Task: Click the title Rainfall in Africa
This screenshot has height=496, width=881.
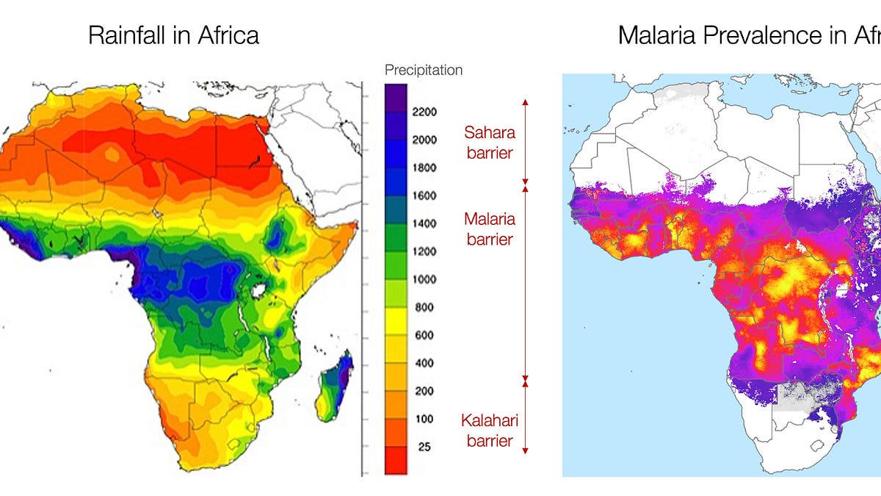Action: tap(173, 35)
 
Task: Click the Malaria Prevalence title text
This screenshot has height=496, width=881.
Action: tap(749, 35)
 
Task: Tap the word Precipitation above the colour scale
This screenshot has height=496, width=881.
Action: tap(424, 71)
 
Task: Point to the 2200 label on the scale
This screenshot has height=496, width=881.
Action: tap(424, 112)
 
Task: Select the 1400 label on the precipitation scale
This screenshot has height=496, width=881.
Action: tap(424, 223)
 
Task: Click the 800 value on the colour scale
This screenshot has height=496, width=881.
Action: tap(424, 307)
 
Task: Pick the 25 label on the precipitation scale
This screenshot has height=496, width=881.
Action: tap(424, 447)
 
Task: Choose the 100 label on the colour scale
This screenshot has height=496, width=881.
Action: tap(424, 419)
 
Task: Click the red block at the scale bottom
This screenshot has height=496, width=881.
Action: tap(395, 460)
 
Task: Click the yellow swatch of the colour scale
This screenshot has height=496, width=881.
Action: tap(395, 320)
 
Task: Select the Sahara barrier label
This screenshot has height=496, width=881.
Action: tap(489, 143)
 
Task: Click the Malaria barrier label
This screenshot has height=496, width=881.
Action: tap(489, 229)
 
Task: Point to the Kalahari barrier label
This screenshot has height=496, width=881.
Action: tap(489, 431)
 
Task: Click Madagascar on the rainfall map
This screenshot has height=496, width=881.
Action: tap(337, 387)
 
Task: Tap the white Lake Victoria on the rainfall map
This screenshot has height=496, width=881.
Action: tap(258, 290)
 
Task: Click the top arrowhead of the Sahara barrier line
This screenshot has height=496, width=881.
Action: tap(525, 101)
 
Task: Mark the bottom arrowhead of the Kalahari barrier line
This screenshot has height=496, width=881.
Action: tap(525, 450)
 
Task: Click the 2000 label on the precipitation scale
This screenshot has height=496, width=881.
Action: tap(424, 140)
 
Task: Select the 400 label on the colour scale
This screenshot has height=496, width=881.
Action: tap(424, 363)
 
